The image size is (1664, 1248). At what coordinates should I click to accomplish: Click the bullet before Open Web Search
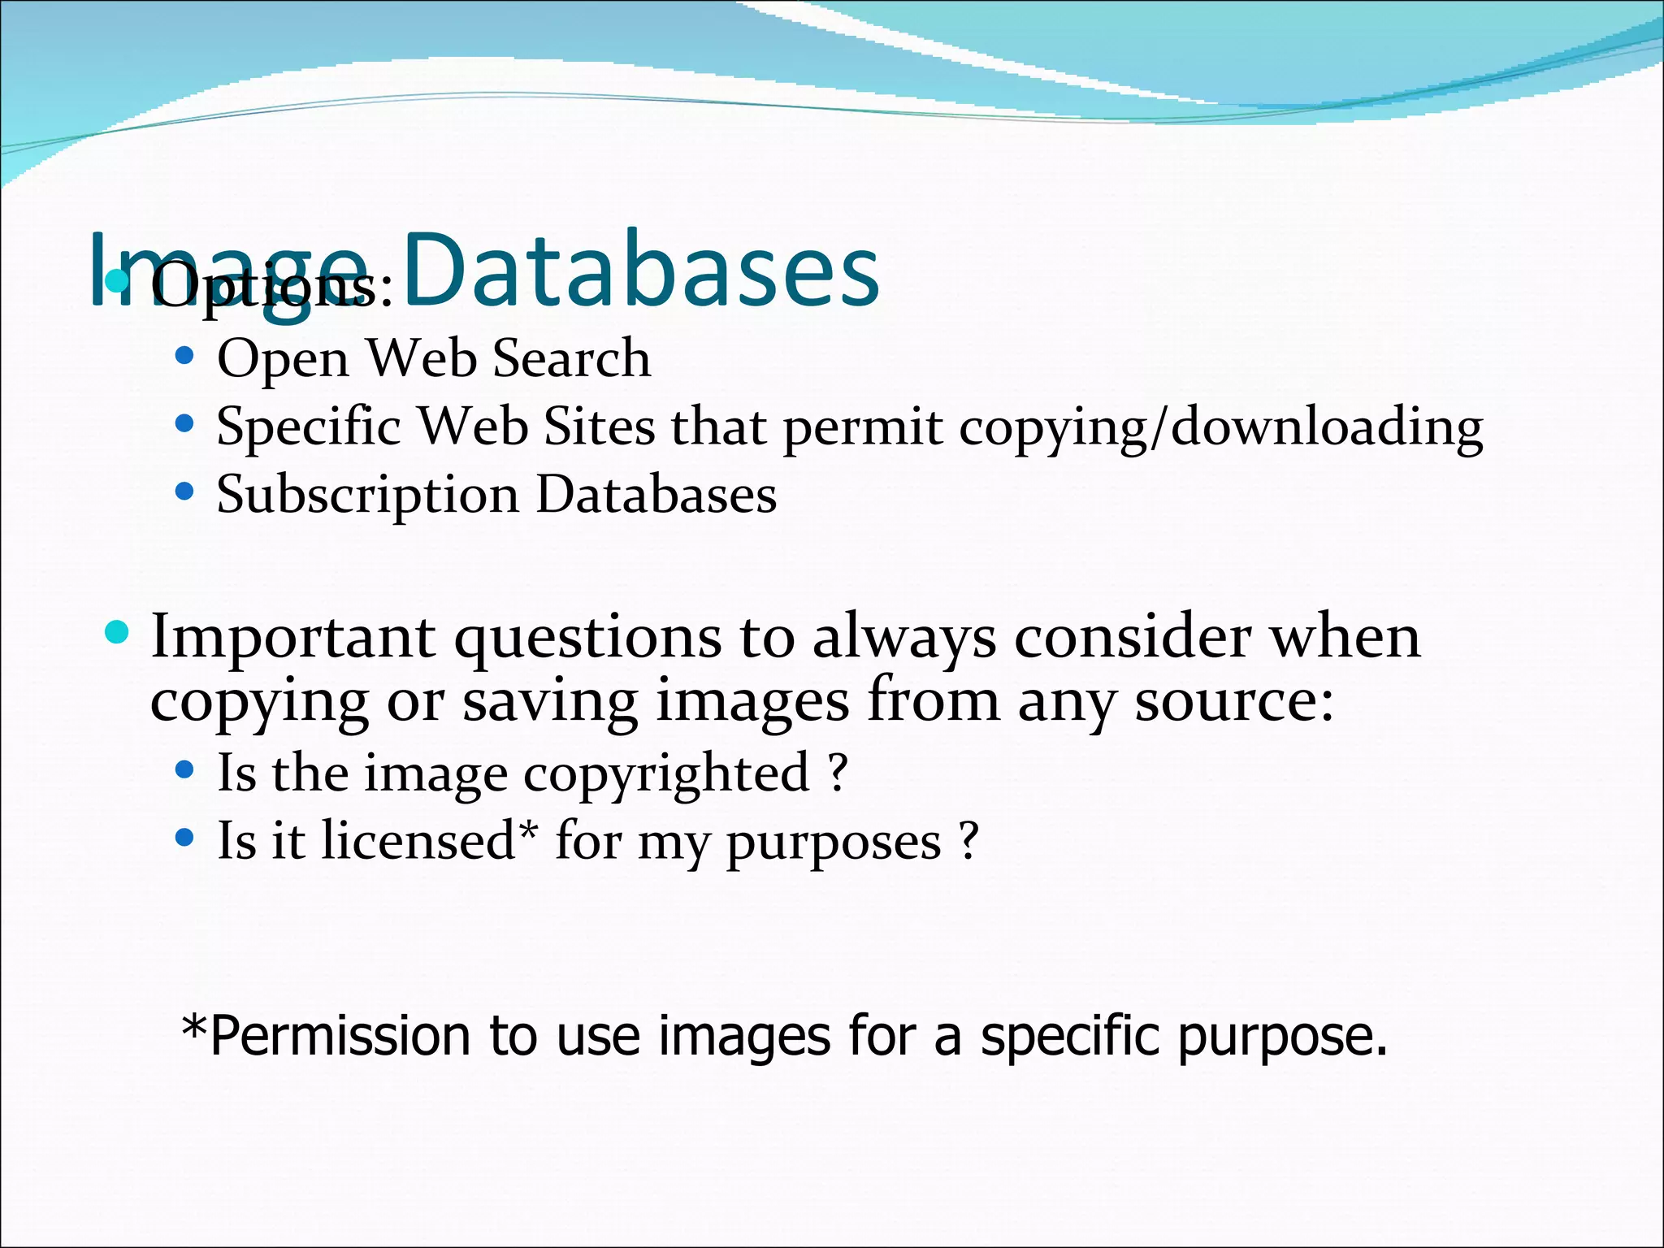[185, 356]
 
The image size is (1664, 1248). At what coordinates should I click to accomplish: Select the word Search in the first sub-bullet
[572, 358]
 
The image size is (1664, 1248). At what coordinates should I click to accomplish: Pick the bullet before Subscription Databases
[185, 492]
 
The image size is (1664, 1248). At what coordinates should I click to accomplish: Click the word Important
[292, 638]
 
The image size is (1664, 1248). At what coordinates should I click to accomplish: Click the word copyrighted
[666, 773]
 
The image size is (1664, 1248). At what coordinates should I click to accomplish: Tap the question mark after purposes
[968, 842]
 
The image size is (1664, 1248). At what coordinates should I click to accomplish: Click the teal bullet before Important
[118, 632]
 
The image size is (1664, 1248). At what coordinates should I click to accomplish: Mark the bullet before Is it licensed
[185, 838]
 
